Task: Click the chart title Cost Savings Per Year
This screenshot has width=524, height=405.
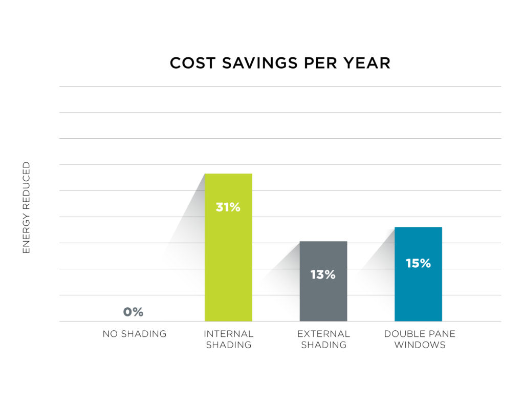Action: [x=280, y=63]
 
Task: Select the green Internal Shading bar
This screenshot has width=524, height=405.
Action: [x=228, y=256]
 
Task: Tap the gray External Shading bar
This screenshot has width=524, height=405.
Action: [x=323, y=297]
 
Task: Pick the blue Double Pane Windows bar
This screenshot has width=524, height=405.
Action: [x=418, y=292]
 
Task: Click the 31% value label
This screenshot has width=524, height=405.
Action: [x=228, y=207]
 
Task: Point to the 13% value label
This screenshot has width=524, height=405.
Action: [x=323, y=274]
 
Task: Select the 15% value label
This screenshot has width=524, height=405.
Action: [x=418, y=263]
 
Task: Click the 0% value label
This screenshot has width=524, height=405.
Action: [x=133, y=312]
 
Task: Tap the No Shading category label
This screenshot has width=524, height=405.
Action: [x=135, y=334]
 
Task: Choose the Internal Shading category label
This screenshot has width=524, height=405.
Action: [x=228, y=339]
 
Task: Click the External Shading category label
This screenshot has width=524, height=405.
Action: [x=323, y=339]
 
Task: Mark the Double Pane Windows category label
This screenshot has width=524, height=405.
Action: [x=420, y=339]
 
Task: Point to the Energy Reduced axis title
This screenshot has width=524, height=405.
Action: [x=27, y=207]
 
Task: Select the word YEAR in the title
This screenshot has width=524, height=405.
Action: [x=368, y=63]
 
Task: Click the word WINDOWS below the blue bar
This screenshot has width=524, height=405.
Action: [x=420, y=345]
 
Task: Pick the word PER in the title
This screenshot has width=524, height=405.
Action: [x=326, y=63]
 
